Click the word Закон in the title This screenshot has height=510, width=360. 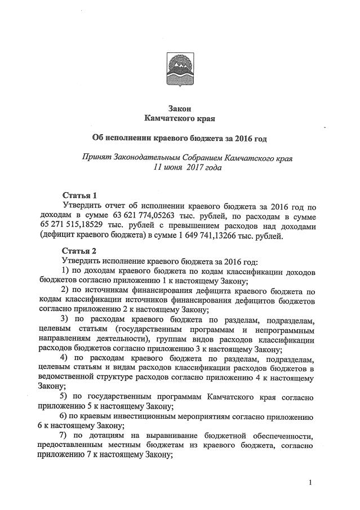(180, 109)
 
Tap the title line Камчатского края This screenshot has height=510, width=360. (180, 118)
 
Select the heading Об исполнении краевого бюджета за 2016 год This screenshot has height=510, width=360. (180, 138)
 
